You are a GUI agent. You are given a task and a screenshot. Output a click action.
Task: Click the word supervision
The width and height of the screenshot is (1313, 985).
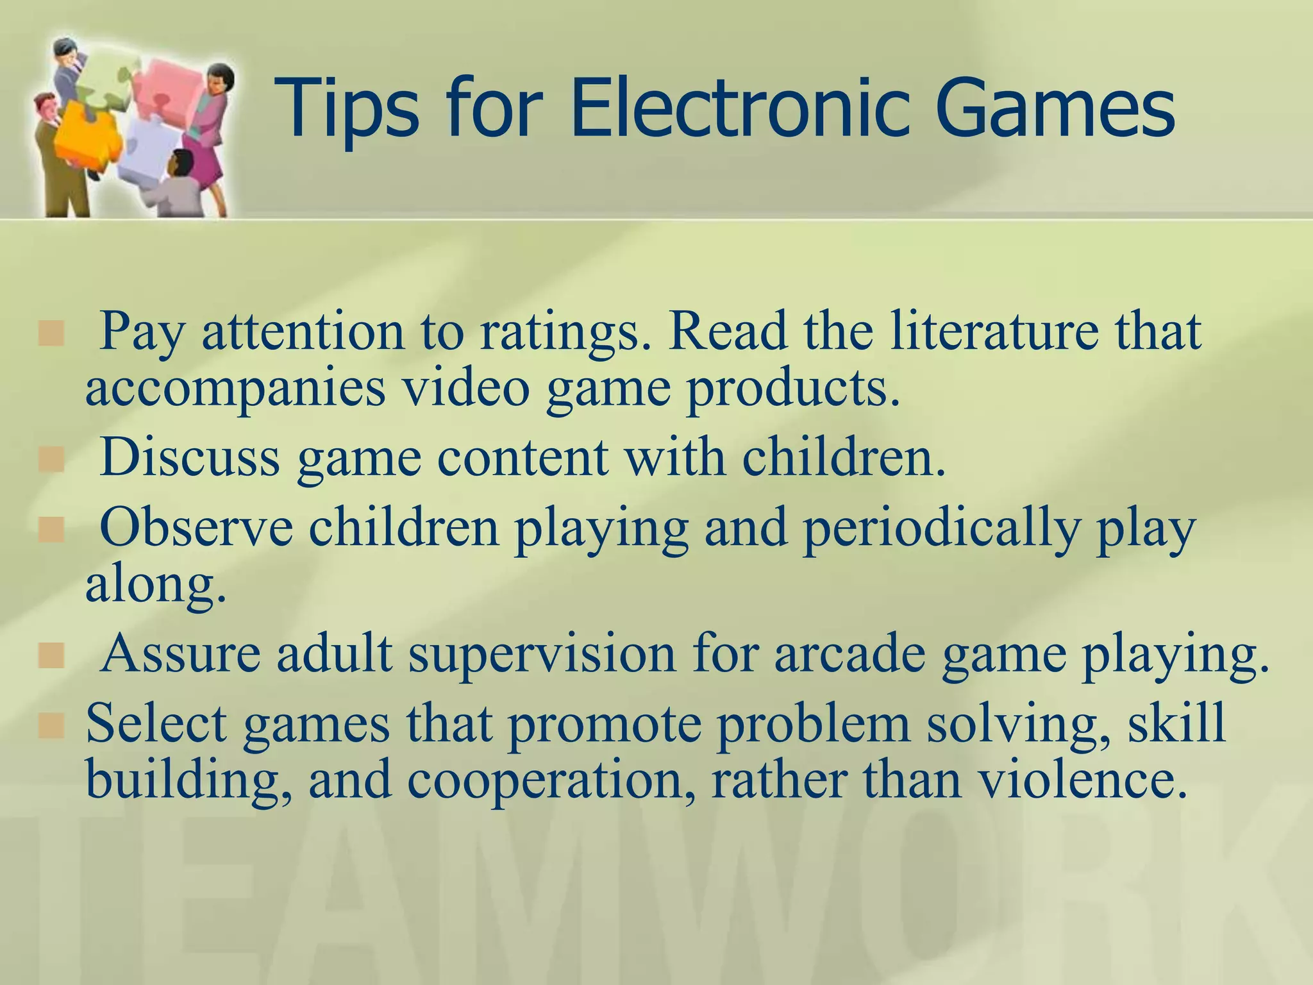click(x=542, y=655)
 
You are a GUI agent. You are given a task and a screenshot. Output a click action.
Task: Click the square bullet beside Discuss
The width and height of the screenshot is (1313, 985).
click(x=51, y=460)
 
